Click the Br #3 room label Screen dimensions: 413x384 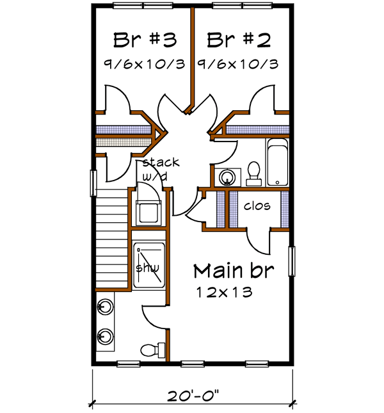tap(145, 40)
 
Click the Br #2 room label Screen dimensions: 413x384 tap(239, 40)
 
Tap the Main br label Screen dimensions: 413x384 tap(234, 270)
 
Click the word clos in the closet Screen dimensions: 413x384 tap(257, 206)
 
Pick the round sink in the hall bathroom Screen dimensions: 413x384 tap(226, 176)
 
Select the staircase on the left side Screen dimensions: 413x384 tap(111, 240)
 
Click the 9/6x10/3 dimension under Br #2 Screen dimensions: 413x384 tap(237, 64)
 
